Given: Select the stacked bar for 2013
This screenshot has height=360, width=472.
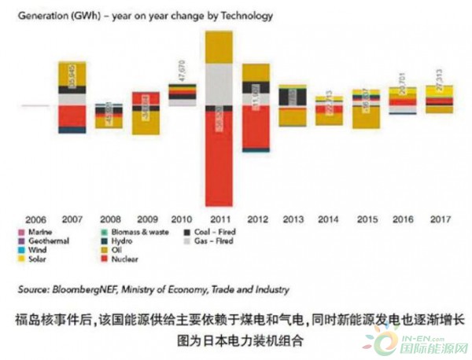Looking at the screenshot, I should pyautogui.click(x=293, y=105).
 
